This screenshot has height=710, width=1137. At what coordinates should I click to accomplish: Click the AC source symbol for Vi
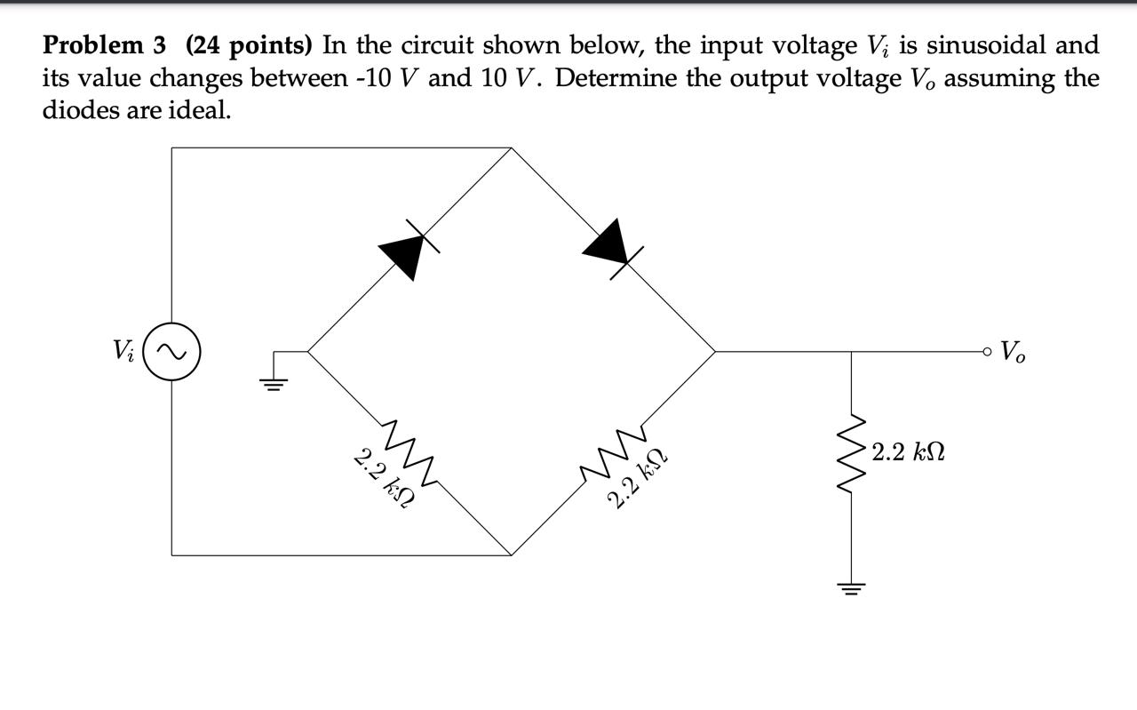(171, 352)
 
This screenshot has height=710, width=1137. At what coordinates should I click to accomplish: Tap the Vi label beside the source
(123, 350)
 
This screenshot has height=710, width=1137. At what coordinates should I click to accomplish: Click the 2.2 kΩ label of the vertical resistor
(909, 452)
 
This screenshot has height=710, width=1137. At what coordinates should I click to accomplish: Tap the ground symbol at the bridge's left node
(274, 382)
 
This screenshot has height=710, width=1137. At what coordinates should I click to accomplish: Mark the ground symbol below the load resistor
(852, 588)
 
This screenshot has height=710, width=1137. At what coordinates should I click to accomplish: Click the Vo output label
(1013, 351)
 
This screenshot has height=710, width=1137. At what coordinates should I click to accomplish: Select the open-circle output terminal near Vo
(987, 352)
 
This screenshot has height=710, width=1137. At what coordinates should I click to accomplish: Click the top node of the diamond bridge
(512, 148)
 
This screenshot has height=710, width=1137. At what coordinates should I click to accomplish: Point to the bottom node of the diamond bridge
(512, 554)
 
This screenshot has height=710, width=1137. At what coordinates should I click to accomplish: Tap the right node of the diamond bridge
(716, 352)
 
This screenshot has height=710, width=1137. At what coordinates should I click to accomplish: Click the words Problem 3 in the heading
(105, 44)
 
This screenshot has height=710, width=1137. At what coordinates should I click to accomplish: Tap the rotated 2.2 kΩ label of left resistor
(384, 479)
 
